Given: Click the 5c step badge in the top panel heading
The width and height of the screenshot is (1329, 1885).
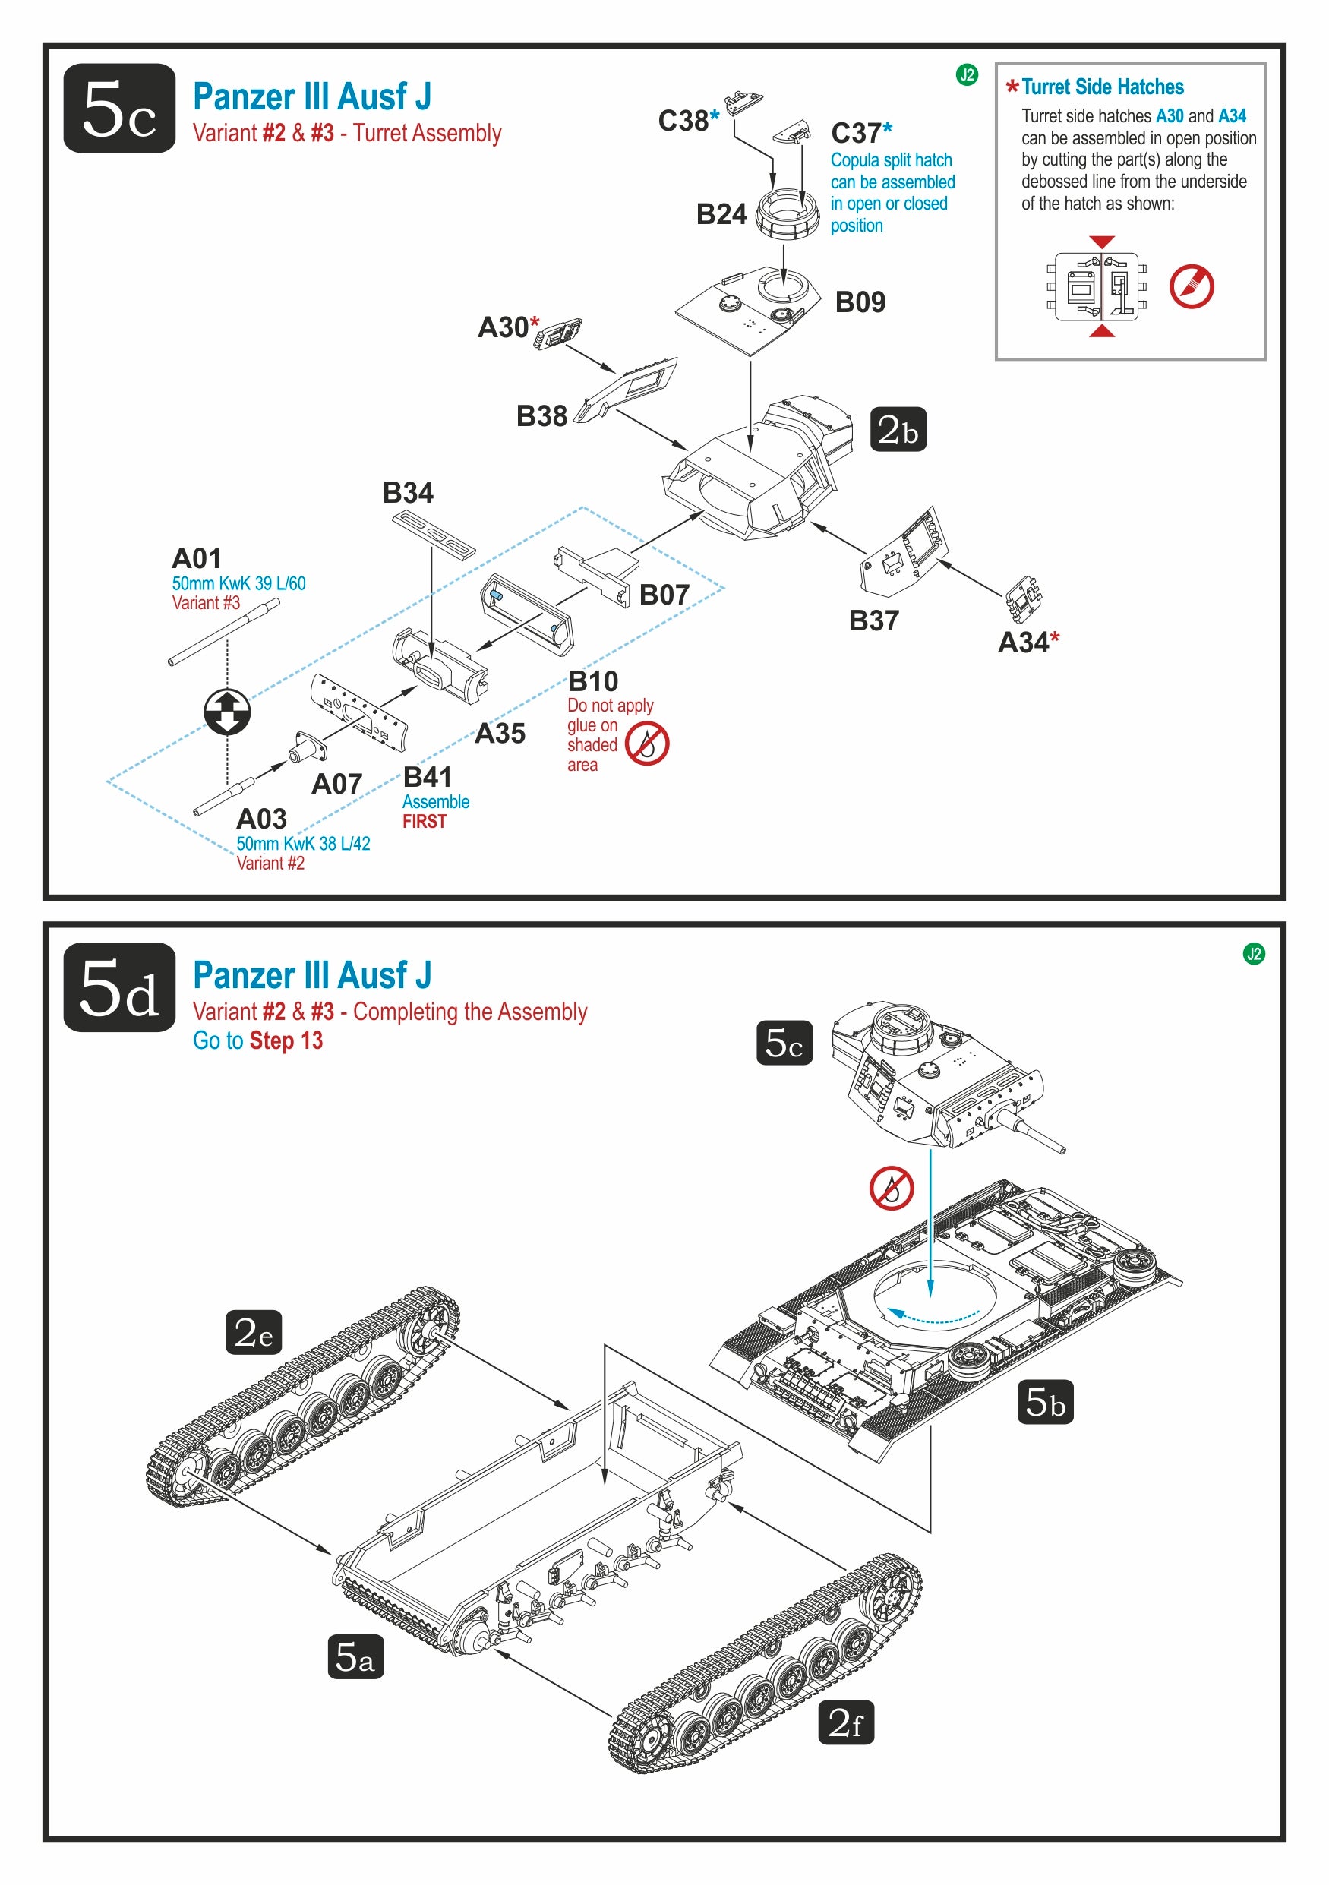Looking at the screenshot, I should tap(119, 109).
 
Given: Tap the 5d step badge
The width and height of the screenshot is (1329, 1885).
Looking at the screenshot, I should tap(119, 987).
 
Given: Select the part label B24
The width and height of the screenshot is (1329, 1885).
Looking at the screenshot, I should tap(721, 214).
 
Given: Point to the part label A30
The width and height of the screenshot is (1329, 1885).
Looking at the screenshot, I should tap(504, 327).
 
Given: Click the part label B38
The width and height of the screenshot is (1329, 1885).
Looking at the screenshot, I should tap(541, 416).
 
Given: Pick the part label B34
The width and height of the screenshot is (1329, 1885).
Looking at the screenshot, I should tap(408, 493).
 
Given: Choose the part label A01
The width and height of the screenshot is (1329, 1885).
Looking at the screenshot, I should tap(196, 559).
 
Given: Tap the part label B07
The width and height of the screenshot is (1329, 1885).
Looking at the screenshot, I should tap(664, 595).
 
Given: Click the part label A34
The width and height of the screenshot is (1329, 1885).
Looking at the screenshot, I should tap(1023, 643).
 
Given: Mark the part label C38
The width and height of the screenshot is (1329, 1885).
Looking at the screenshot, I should tap(683, 121).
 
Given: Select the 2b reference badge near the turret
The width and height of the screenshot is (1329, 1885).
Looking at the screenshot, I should tap(898, 429).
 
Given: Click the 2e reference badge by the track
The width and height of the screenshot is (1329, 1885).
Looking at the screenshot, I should tap(254, 1331).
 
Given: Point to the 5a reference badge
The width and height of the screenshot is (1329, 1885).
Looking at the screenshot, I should tap(355, 1656).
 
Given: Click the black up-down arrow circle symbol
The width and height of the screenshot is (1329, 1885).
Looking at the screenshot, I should tap(227, 711).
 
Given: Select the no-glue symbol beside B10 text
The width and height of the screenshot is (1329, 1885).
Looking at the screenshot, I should tap(647, 744).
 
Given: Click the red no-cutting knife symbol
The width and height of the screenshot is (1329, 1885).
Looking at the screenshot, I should tap(1191, 286).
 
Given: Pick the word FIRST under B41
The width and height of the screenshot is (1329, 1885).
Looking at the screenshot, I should tap(425, 822).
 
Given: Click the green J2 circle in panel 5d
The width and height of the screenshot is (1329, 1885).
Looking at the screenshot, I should tap(1254, 953).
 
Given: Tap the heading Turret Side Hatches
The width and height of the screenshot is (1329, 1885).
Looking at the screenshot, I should tap(1102, 87).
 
